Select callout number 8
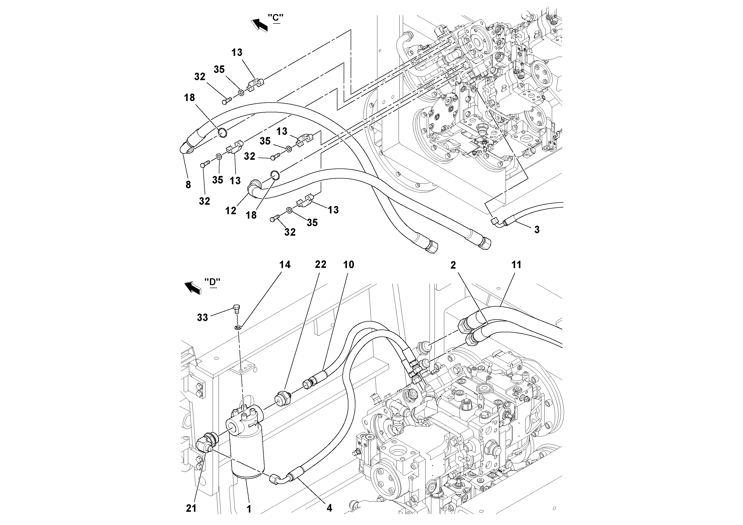point(188,185)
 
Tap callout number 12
point(230,211)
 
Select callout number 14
point(285,265)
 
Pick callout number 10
point(348,265)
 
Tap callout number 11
point(516,265)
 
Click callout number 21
point(191,509)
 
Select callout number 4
point(329,508)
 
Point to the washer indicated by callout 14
point(238,328)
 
